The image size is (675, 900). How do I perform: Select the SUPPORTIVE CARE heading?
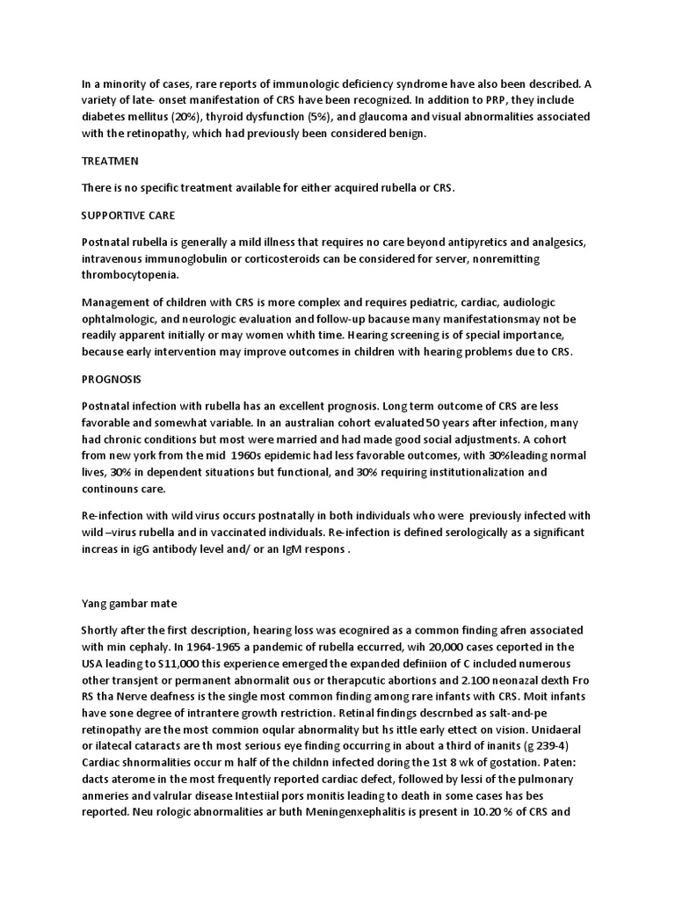pyautogui.click(x=127, y=215)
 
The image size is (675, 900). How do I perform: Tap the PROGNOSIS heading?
pyautogui.click(x=112, y=379)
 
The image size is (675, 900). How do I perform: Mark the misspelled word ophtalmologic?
pyautogui.click(x=125, y=318)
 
